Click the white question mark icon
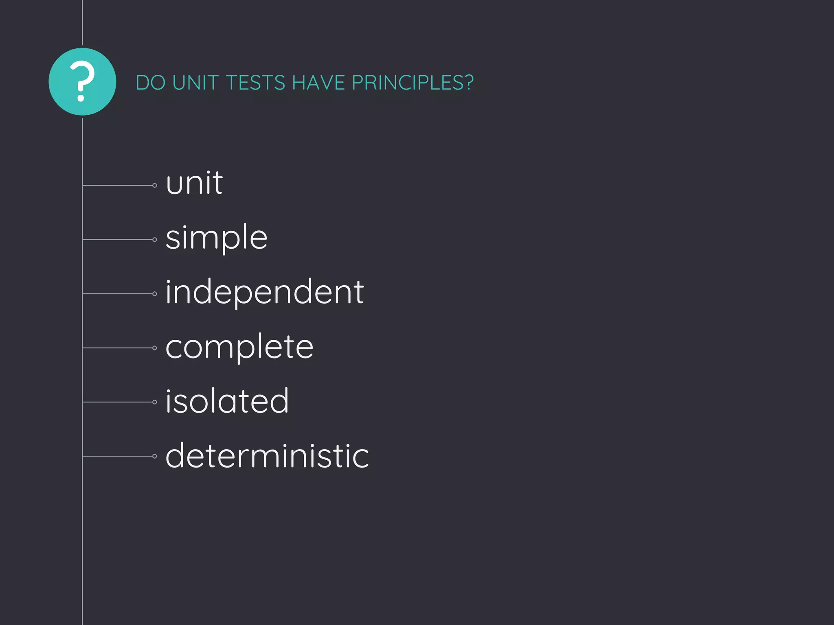point(82,81)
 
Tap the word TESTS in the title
point(255,83)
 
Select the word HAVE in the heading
point(318,83)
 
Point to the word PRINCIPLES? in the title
point(413,83)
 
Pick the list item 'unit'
point(194,184)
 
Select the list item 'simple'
point(216,238)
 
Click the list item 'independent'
point(264,292)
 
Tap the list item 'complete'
point(239,347)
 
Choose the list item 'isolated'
point(227,401)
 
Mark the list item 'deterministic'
point(267,456)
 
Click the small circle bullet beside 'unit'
point(155,186)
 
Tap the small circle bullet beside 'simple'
point(155,240)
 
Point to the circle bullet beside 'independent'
point(155,294)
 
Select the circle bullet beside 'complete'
point(155,348)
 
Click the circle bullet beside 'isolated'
point(155,402)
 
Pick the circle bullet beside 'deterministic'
point(155,457)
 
